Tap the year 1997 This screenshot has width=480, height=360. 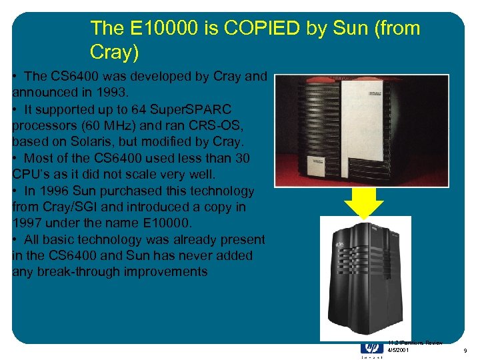(28, 223)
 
